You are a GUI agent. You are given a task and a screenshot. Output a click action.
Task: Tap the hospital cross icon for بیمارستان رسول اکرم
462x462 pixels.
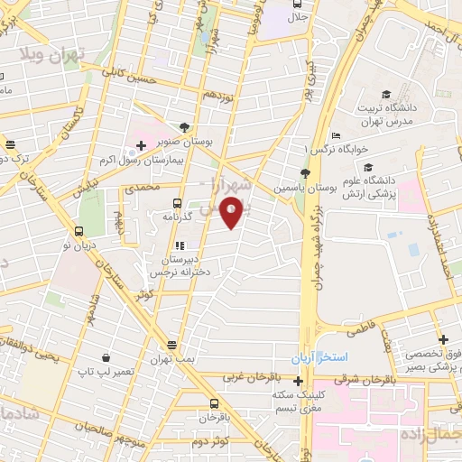click(141, 144)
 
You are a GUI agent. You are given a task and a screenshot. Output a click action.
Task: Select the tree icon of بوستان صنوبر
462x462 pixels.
click(185, 127)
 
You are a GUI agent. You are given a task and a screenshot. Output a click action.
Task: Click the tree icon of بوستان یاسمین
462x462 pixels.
click(305, 173)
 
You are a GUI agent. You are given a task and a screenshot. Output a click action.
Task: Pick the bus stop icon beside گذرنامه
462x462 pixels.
click(177, 204)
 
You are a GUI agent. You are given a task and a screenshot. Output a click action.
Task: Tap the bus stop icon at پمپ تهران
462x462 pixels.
click(172, 345)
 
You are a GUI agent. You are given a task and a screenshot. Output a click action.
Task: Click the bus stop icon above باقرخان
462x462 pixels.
click(214, 403)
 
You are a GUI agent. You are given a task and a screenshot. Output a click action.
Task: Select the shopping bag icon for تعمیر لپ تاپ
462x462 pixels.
click(106, 357)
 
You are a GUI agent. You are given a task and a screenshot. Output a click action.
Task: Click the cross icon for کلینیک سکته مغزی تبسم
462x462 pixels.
click(299, 381)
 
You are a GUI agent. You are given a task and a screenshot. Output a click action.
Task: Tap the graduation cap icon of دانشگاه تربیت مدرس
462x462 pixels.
click(386, 94)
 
